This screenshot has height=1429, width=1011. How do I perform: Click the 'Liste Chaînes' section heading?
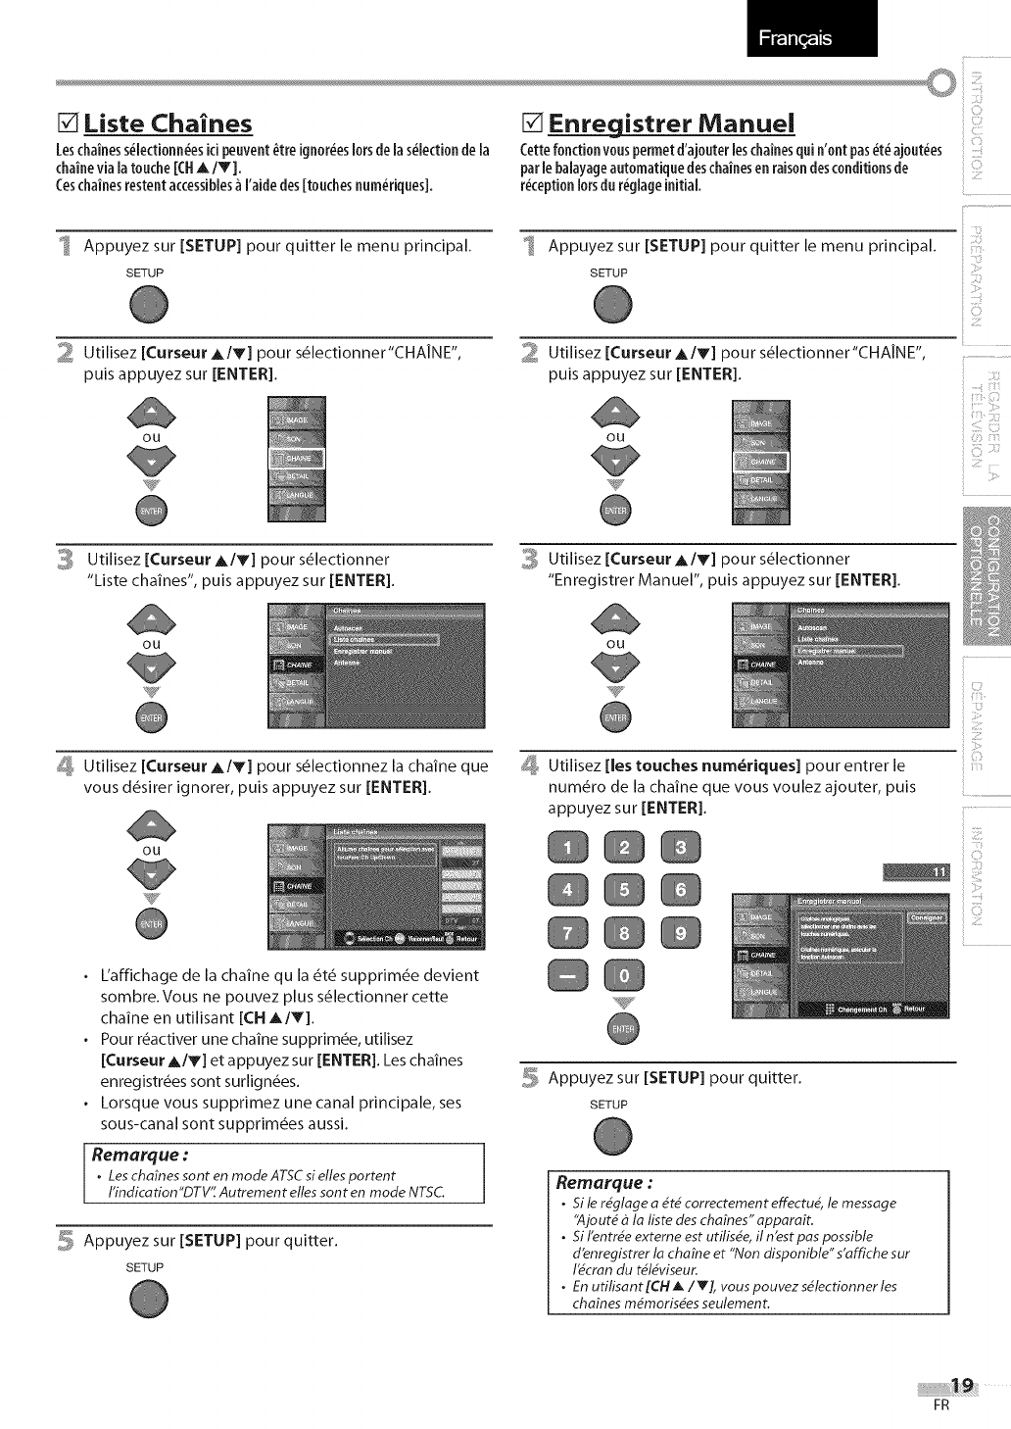168,124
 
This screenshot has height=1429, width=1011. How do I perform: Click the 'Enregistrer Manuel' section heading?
671,124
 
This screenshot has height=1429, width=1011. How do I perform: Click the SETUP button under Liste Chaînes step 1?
147,307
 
